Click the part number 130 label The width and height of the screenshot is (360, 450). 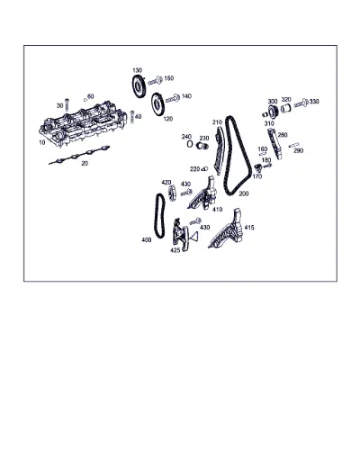coord(137,70)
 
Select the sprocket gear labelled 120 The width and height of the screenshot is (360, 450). coord(157,103)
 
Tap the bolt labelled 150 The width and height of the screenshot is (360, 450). coord(156,80)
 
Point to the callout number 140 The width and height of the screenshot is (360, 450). coord(186,96)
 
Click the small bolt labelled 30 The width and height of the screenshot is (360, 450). coord(67,104)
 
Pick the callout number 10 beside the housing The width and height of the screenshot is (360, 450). coord(42,142)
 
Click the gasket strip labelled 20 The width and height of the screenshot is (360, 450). coord(79,155)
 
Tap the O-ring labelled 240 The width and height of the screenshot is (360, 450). coord(190,144)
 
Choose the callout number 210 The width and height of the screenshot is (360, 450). coord(217,122)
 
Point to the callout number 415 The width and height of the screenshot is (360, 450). coord(249,228)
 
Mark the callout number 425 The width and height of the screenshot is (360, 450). coord(175,250)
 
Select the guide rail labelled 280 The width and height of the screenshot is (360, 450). coord(275,144)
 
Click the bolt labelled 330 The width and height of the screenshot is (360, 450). coord(301,103)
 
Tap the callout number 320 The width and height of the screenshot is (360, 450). coord(286,100)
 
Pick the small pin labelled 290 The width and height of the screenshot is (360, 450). coord(293,145)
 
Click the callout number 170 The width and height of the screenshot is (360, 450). coord(257,176)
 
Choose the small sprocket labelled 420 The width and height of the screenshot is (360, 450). coord(172,193)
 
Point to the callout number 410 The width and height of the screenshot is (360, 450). coord(217,210)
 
